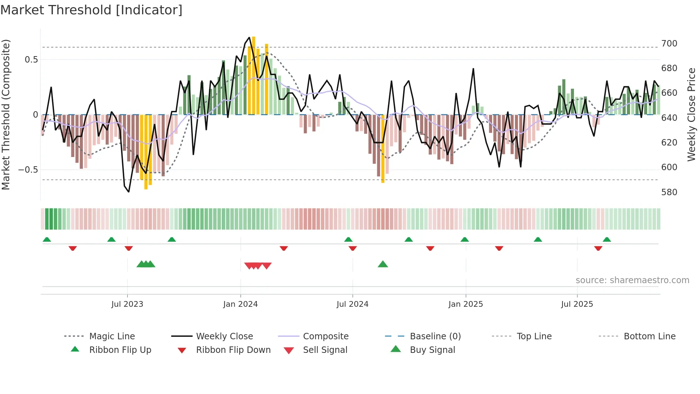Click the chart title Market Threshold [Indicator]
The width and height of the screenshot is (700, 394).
coord(91,10)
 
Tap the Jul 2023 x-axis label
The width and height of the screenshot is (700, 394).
coord(127,304)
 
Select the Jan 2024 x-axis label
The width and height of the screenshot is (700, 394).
coord(240,304)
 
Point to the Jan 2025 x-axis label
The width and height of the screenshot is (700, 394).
coord(466,304)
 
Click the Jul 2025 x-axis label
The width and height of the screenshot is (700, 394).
coord(577,304)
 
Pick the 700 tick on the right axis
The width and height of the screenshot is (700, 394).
coord(669,44)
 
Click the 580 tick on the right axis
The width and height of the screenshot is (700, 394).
coord(669,192)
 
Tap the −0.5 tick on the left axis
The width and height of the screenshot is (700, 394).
coord(28,170)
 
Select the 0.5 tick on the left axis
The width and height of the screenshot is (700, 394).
coord(31,60)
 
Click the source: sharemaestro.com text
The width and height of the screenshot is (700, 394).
coord(632,280)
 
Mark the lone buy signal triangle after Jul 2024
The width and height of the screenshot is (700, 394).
coord(383,264)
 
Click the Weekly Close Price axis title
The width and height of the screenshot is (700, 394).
coord(692,114)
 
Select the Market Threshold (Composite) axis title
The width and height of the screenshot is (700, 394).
coord(6,114)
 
